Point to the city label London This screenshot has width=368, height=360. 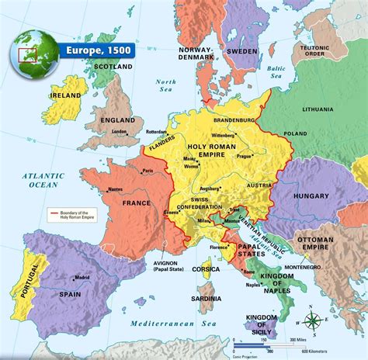pyautogui.click(x=119, y=131)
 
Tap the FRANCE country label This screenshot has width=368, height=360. pyautogui.click(x=136, y=202)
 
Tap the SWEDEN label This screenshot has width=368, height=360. pyautogui.click(x=242, y=50)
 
